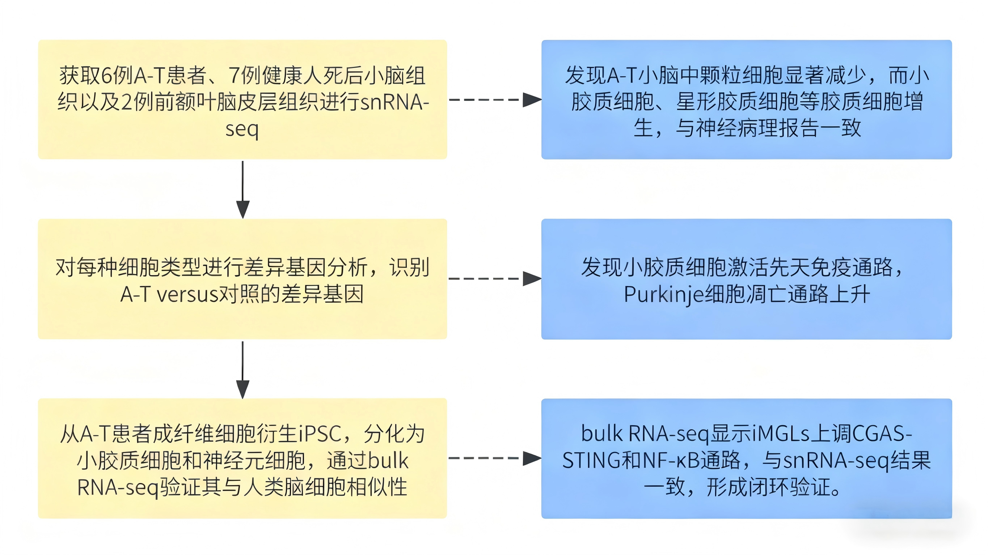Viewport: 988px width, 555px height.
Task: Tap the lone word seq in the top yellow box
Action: (x=242, y=129)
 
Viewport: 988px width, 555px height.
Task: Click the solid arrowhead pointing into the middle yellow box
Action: (x=243, y=209)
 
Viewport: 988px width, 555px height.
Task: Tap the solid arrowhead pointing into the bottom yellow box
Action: (x=243, y=389)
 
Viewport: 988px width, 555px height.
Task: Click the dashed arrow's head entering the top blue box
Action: (x=532, y=100)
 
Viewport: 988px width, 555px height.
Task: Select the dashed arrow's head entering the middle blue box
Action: (x=532, y=279)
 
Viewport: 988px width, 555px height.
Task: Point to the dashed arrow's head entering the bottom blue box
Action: (x=532, y=458)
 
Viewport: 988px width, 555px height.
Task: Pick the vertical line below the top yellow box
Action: (x=243, y=180)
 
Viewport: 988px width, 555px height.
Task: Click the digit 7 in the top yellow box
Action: (x=234, y=76)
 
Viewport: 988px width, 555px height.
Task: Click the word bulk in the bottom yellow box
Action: (x=388, y=460)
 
